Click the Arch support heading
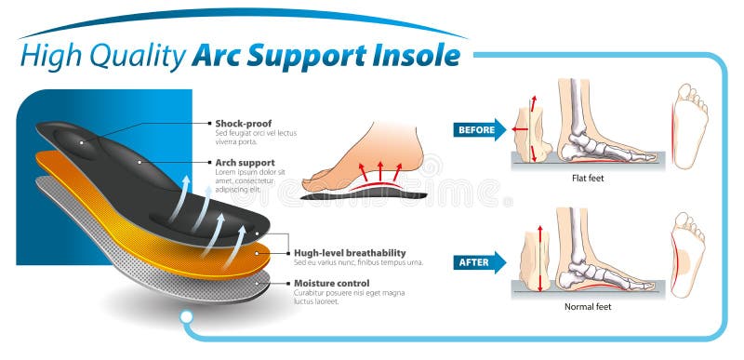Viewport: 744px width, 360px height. point(245,162)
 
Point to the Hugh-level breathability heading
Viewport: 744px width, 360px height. point(349,252)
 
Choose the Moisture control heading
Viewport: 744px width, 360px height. point(331,282)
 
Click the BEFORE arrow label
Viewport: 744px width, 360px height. point(477,130)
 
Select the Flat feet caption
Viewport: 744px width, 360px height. point(589,177)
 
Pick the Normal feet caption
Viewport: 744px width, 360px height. point(588,305)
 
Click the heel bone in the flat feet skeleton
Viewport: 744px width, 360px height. point(583,144)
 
